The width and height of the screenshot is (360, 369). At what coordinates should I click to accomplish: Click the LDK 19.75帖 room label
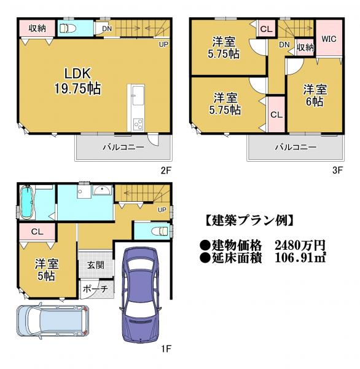coord(77,81)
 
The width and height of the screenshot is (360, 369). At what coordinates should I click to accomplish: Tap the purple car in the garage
coord(140,295)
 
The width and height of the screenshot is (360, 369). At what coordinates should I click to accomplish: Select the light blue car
coord(53,321)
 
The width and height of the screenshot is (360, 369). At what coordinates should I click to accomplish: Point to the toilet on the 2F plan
coord(68,29)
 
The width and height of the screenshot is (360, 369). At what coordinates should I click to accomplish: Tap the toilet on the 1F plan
coord(161,231)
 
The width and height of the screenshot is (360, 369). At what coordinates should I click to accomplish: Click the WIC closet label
coord(329,39)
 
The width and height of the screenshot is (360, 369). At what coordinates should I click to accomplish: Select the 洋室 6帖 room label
coord(315,95)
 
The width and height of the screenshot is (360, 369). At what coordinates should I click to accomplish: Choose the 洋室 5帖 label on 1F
coord(46,270)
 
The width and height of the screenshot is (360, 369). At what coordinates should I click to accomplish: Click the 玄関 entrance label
coord(95,265)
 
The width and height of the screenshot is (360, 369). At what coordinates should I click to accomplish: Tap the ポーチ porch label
coord(95,289)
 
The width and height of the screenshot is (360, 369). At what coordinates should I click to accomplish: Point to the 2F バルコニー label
coord(123,148)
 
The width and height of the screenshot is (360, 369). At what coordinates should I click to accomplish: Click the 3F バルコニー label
coord(296,148)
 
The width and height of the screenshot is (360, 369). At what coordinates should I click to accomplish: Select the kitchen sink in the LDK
coord(138,95)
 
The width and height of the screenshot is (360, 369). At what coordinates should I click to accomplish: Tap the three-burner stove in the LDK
coord(138,124)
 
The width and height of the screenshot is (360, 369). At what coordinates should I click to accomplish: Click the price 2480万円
coord(300,245)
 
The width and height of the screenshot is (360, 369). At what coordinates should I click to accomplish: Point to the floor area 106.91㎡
coord(300,258)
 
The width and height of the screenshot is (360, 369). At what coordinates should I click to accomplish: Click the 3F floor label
coord(337,170)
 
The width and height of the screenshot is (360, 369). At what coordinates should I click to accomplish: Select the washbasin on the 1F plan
coord(102,190)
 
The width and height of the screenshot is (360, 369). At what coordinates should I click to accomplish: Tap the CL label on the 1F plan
coord(37,232)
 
